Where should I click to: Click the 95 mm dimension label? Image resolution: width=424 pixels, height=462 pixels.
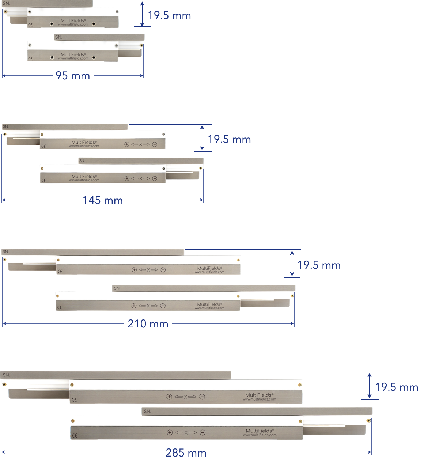[x=73, y=76]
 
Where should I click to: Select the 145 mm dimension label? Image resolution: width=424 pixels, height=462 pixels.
[x=103, y=200]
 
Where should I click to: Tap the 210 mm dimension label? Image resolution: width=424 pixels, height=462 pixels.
[x=148, y=323]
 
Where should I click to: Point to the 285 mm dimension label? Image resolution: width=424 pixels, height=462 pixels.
[x=186, y=452]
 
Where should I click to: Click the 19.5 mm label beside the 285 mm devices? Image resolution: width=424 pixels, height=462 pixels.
[x=397, y=387]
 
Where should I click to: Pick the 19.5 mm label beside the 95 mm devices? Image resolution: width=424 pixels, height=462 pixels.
[x=169, y=15]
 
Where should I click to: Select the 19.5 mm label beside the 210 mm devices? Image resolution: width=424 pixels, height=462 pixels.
[x=319, y=265]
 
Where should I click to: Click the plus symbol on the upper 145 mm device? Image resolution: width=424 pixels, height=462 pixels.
[x=127, y=144]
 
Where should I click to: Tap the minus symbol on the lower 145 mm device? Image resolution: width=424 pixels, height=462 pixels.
[x=155, y=178]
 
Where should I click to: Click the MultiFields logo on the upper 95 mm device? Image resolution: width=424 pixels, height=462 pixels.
[x=73, y=21]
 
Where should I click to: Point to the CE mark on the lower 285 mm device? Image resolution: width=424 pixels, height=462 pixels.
[x=75, y=435]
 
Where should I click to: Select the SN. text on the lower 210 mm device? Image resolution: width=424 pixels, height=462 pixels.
[x=117, y=288]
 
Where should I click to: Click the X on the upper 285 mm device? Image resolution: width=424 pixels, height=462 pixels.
[x=185, y=397]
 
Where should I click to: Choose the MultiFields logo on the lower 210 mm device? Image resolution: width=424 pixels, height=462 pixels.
[x=209, y=304]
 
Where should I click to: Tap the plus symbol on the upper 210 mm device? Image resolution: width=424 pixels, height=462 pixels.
[x=134, y=270]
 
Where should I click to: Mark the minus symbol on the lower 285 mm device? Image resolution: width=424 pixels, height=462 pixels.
[x=202, y=433]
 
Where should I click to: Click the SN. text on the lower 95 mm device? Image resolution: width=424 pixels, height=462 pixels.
[x=58, y=37]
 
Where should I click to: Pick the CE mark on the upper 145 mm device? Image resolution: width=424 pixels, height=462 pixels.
[x=43, y=146]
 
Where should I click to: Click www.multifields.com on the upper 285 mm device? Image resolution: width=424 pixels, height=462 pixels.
[x=260, y=399]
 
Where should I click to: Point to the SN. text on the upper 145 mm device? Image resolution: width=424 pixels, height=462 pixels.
[x=5, y=127]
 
